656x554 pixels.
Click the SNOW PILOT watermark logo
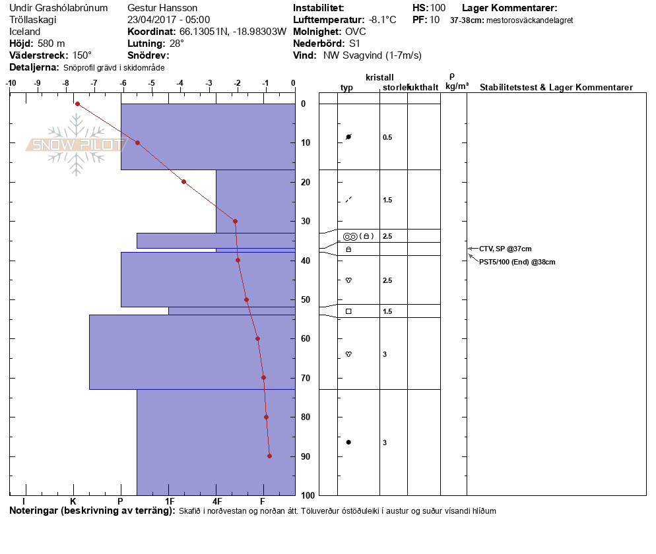pyautogui.click(x=77, y=145)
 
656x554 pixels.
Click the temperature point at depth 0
pyautogui.click(x=77, y=104)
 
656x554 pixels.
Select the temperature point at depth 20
pyautogui.click(x=183, y=181)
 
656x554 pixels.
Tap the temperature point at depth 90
pyautogui.click(x=269, y=456)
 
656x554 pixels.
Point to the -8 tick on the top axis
pyautogui.click(x=65, y=84)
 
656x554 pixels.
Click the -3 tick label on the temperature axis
pyautogui.click(x=209, y=84)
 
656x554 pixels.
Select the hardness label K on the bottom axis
pyautogui.click(x=73, y=503)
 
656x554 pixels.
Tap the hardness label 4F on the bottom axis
pyautogui.click(x=216, y=503)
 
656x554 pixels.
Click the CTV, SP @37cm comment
pyautogui.click(x=505, y=249)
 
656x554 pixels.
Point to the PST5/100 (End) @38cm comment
pyautogui.click(x=517, y=262)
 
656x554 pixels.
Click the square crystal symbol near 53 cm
pyautogui.click(x=348, y=311)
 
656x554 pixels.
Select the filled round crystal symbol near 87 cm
pyautogui.click(x=348, y=442)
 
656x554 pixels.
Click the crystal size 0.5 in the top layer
pyautogui.click(x=387, y=137)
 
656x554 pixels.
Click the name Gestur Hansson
pyautogui.click(x=162, y=8)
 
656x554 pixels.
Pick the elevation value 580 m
pyautogui.click(x=51, y=44)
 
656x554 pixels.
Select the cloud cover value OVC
pyautogui.click(x=355, y=32)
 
